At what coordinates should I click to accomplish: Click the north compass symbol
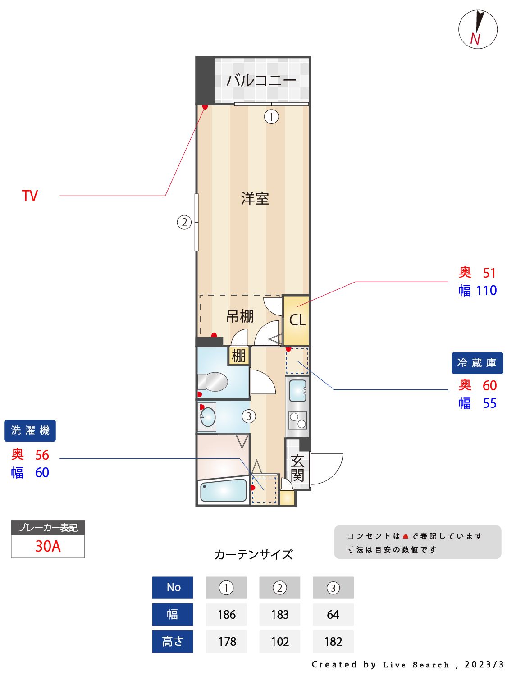478,29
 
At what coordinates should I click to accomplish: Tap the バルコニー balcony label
261,80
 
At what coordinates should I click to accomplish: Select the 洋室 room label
255,198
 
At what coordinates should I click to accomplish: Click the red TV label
30,196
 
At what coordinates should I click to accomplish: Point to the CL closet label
297,320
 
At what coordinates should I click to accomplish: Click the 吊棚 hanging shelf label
240,316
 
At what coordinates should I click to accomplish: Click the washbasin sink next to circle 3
208,417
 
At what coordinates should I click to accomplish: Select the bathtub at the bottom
223,491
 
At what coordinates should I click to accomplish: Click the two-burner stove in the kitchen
297,420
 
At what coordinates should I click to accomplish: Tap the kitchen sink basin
297,390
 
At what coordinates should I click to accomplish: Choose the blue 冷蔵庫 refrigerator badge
477,363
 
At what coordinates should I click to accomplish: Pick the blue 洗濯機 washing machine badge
30,431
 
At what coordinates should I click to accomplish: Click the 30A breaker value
48,546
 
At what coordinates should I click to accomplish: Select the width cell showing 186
226,615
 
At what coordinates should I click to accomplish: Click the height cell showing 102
279,642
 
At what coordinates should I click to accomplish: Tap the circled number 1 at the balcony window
271,117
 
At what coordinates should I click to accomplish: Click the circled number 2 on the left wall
184,222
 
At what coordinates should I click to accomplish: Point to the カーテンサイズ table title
253,554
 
